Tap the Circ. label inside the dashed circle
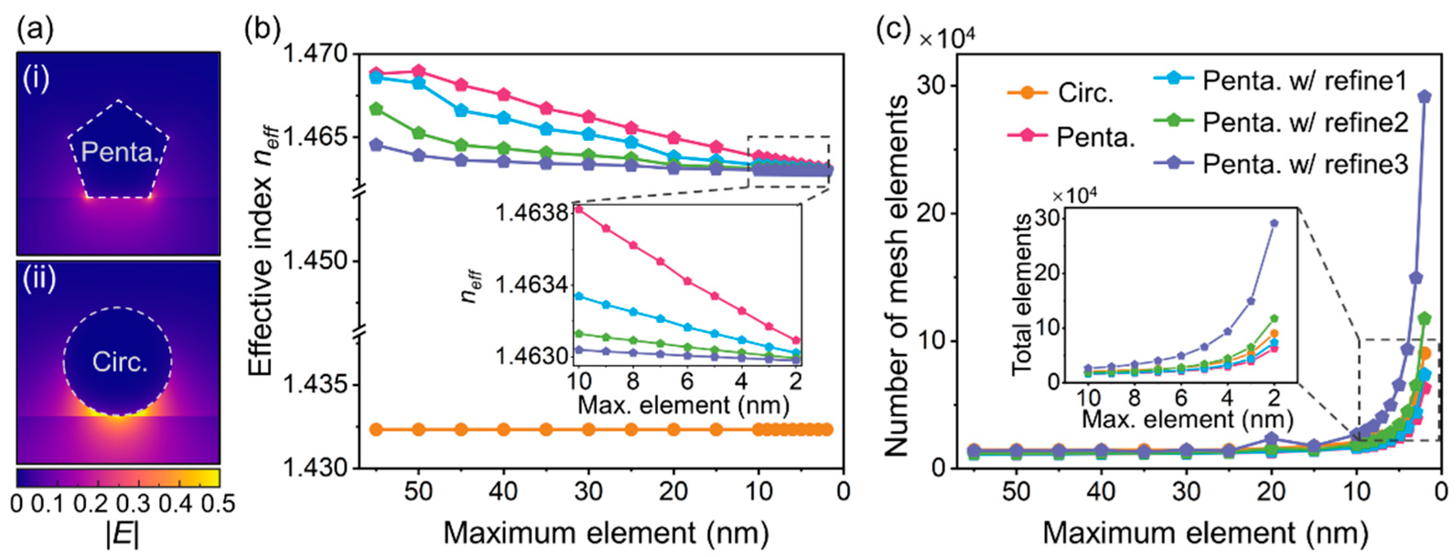tap(119, 362)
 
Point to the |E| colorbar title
tap(122, 536)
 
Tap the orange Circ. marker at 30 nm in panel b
tap(588, 429)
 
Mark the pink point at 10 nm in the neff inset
tap(579, 209)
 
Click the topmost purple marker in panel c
tap(1425, 96)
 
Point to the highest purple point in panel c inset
tap(1285, 223)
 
